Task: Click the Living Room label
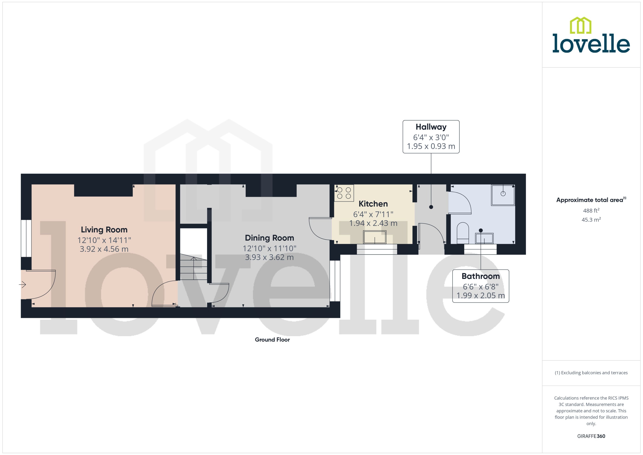coord(104,230)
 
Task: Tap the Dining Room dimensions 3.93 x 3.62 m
coord(269,257)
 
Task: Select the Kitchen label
coord(373,204)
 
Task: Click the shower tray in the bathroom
coord(503,195)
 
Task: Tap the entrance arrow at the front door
coord(22,285)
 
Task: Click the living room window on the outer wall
coord(26,238)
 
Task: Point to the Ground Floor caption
coord(272,340)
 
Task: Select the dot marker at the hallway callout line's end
coord(431,207)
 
